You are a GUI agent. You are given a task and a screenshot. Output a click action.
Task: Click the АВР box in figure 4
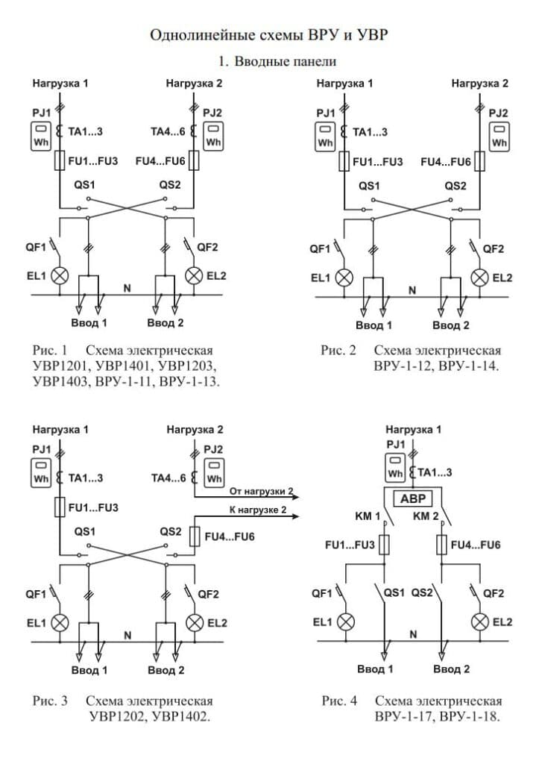pos(413,498)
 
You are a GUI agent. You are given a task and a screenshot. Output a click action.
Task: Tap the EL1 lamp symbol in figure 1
pos(60,276)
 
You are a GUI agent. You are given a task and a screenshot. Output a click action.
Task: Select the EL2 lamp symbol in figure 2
pos(479,278)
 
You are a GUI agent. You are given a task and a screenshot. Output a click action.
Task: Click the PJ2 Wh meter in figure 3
pos(214,472)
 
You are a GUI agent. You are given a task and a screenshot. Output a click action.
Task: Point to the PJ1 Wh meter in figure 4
pos(395,466)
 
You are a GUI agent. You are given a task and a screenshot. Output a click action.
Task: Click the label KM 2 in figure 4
pos(426,516)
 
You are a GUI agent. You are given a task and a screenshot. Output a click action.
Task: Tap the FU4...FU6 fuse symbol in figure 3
pos(195,536)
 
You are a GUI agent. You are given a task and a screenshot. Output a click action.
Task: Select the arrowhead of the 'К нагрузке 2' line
pos(294,516)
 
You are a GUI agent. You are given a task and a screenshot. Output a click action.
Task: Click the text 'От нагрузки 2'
pos(262,491)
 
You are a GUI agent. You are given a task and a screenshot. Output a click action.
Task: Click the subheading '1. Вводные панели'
pos(277,61)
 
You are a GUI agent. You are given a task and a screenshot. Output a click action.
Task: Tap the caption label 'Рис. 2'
pos(338,351)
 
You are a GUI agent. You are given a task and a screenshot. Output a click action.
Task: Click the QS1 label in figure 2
pos(369,186)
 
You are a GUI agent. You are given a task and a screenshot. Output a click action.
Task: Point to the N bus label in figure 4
pos(413,634)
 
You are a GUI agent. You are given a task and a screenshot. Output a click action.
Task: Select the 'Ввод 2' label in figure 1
pos(166,322)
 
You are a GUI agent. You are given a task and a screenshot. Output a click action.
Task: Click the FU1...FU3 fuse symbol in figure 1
pos(60,160)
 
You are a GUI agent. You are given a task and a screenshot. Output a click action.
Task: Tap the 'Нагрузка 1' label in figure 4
pos(413,429)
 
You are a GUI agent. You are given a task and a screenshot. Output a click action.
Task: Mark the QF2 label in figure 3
pos(208,594)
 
